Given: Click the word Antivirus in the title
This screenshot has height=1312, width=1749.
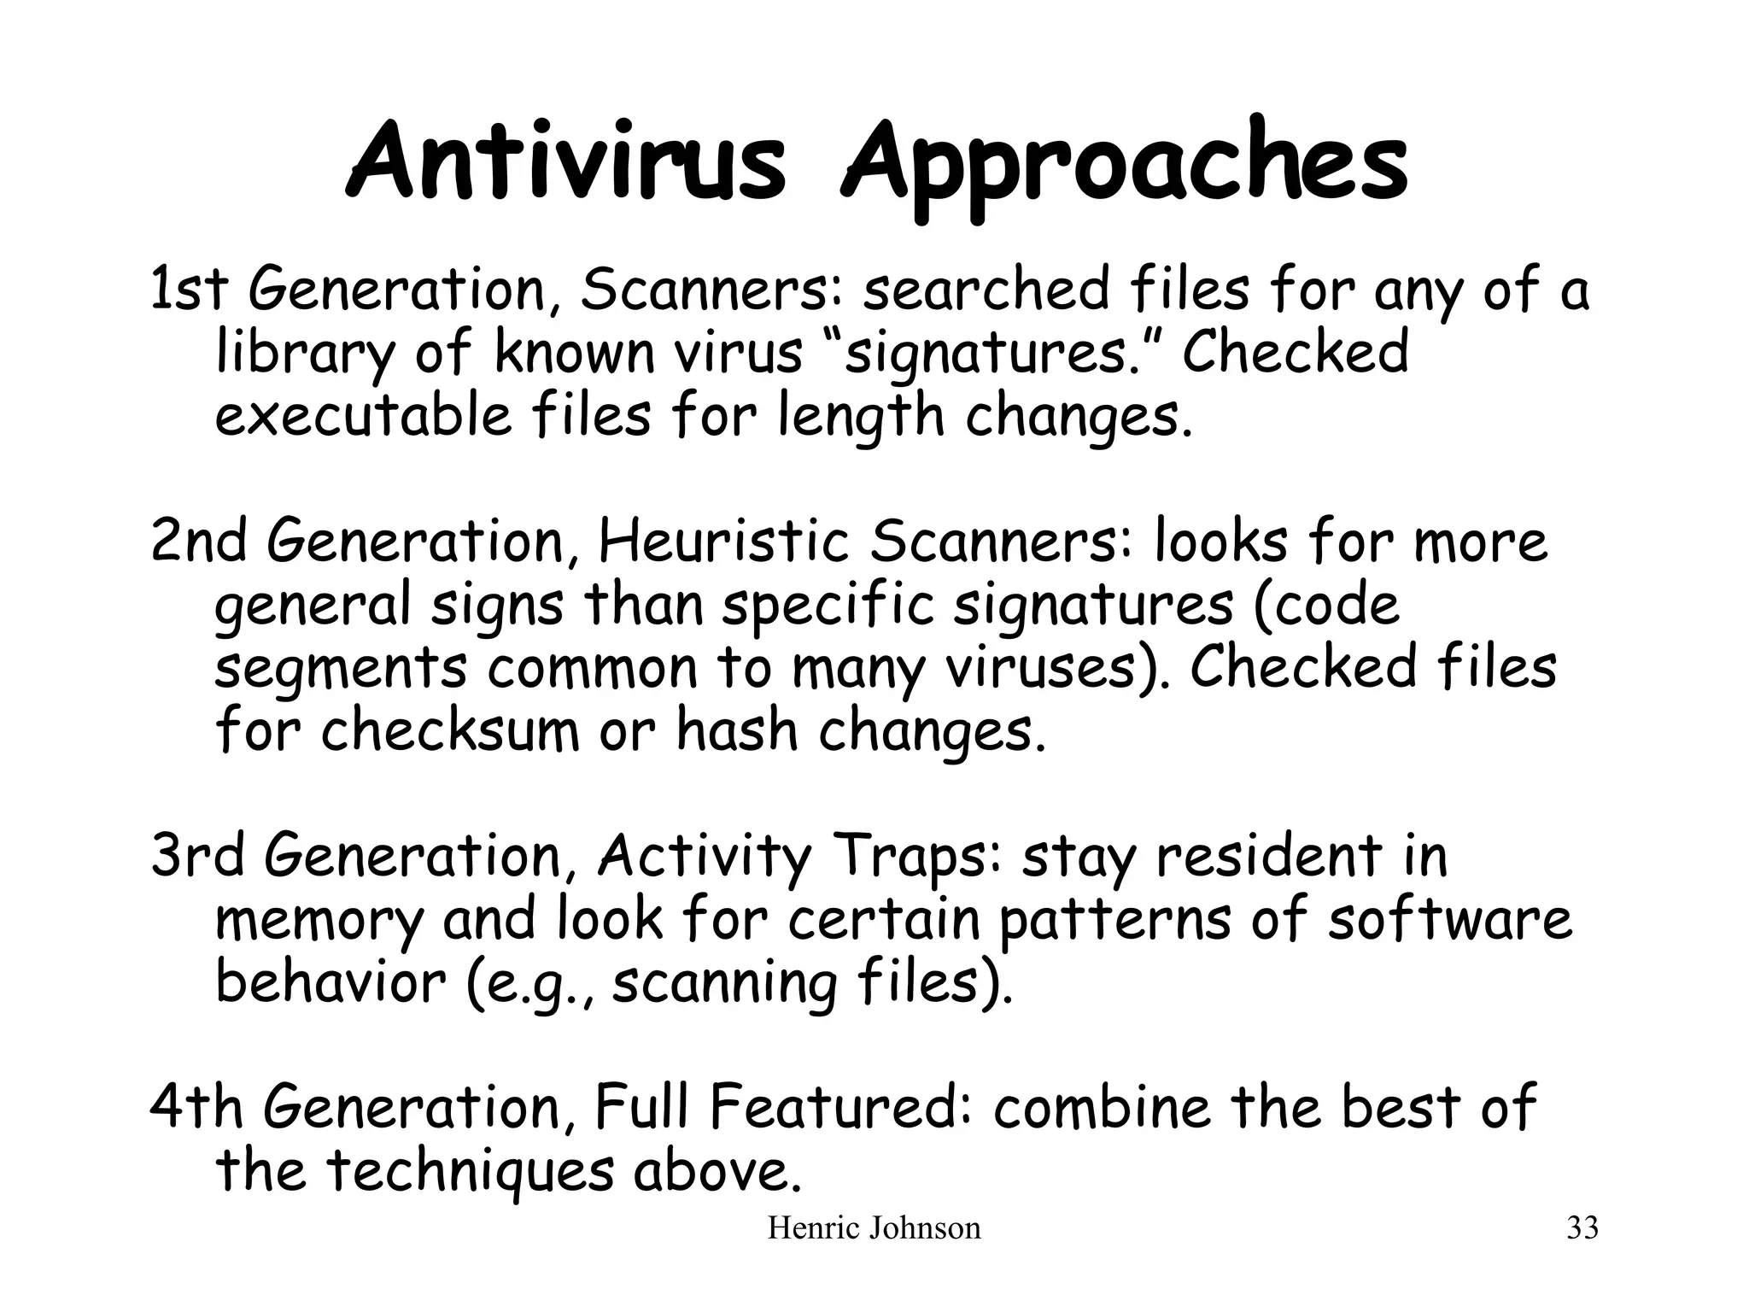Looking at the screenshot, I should click(565, 162).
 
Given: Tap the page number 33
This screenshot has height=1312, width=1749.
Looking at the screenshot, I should click(1582, 1228).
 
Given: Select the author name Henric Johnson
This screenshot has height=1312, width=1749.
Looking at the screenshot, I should click(874, 1228).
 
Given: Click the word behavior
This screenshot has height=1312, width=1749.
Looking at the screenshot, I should click(330, 982).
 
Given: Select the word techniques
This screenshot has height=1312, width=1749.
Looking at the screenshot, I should click(471, 1172).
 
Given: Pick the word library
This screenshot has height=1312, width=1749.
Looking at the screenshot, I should click(306, 354).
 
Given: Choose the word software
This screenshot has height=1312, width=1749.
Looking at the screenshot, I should click(1449, 919).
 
